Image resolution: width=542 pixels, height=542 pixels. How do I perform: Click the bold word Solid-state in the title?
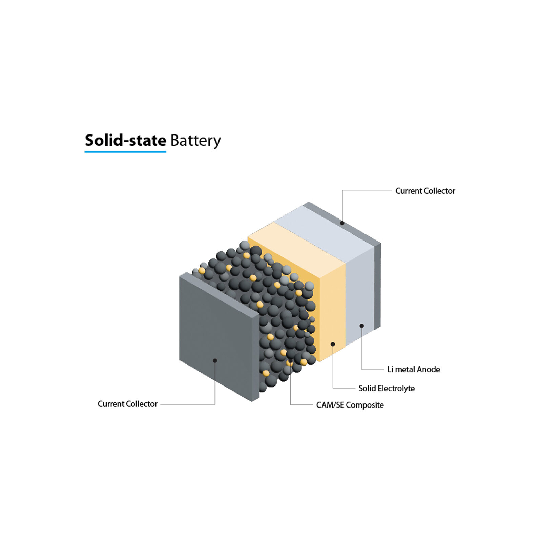tap(125, 140)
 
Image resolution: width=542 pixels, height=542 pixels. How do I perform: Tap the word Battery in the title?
tap(195, 141)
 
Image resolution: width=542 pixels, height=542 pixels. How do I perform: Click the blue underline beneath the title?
tap(125, 151)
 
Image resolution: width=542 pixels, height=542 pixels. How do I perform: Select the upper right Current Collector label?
tap(425, 191)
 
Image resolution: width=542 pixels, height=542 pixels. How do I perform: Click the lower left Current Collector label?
tap(127, 404)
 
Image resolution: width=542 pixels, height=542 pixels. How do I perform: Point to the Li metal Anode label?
tap(413, 369)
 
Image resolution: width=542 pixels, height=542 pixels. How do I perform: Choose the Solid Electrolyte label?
tap(386, 388)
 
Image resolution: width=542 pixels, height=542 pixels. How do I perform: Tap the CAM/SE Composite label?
tap(350, 405)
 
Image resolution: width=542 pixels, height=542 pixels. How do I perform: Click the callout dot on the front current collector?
tap(215, 360)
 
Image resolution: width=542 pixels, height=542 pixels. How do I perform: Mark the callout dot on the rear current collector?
tap(342, 223)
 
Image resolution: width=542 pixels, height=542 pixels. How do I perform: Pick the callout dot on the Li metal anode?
tap(361, 326)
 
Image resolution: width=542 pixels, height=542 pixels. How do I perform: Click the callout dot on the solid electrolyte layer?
tap(333, 344)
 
